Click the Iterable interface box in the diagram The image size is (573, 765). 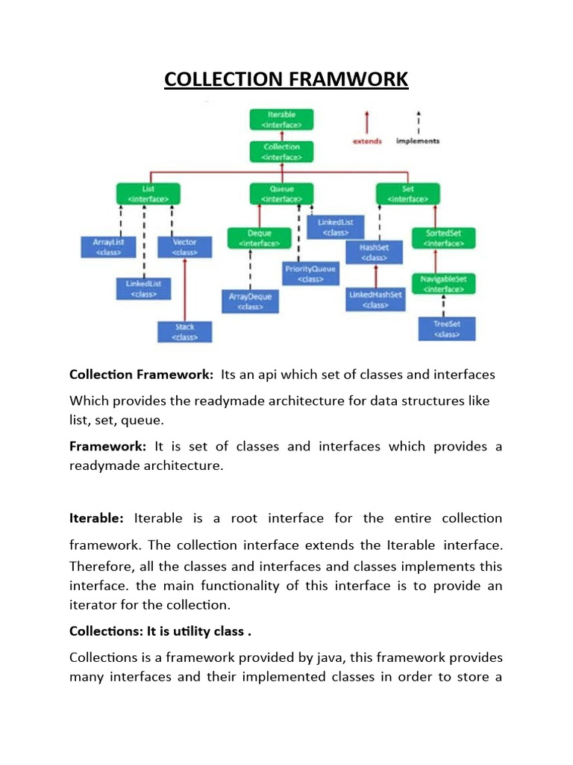[x=282, y=120]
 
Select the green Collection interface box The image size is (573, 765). [x=282, y=152]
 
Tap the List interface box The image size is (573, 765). [x=148, y=193]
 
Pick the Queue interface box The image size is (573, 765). [x=282, y=193]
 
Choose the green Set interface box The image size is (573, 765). [x=407, y=193]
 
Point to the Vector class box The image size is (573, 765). [x=184, y=247]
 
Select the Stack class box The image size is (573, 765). [x=184, y=332]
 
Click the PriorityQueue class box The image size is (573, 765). [x=310, y=273]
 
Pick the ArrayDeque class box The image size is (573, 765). [x=250, y=301]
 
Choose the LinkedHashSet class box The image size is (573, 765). [x=375, y=300]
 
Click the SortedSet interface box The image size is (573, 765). [x=443, y=238]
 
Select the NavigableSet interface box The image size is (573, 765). [x=443, y=283]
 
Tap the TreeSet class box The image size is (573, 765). [x=446, y=329]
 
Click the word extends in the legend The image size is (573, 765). [x=367, y=141]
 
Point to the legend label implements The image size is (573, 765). [x=418, y=141]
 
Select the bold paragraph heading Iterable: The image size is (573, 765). [x=100, y=518]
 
